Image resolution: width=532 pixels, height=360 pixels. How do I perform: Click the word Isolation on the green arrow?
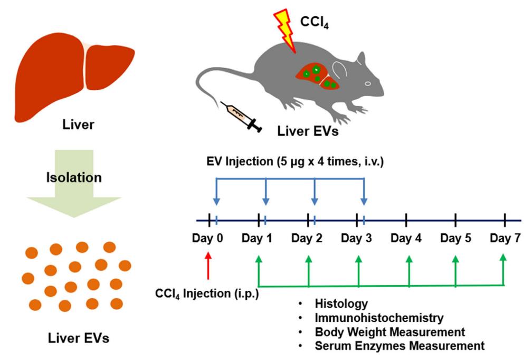74,177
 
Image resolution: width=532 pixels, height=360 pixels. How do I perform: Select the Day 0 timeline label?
209,238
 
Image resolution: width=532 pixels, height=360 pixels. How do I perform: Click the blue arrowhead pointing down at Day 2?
315,201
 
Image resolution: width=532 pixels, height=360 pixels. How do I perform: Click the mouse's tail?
211,90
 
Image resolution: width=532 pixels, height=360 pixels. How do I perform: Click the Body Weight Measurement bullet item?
390,332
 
